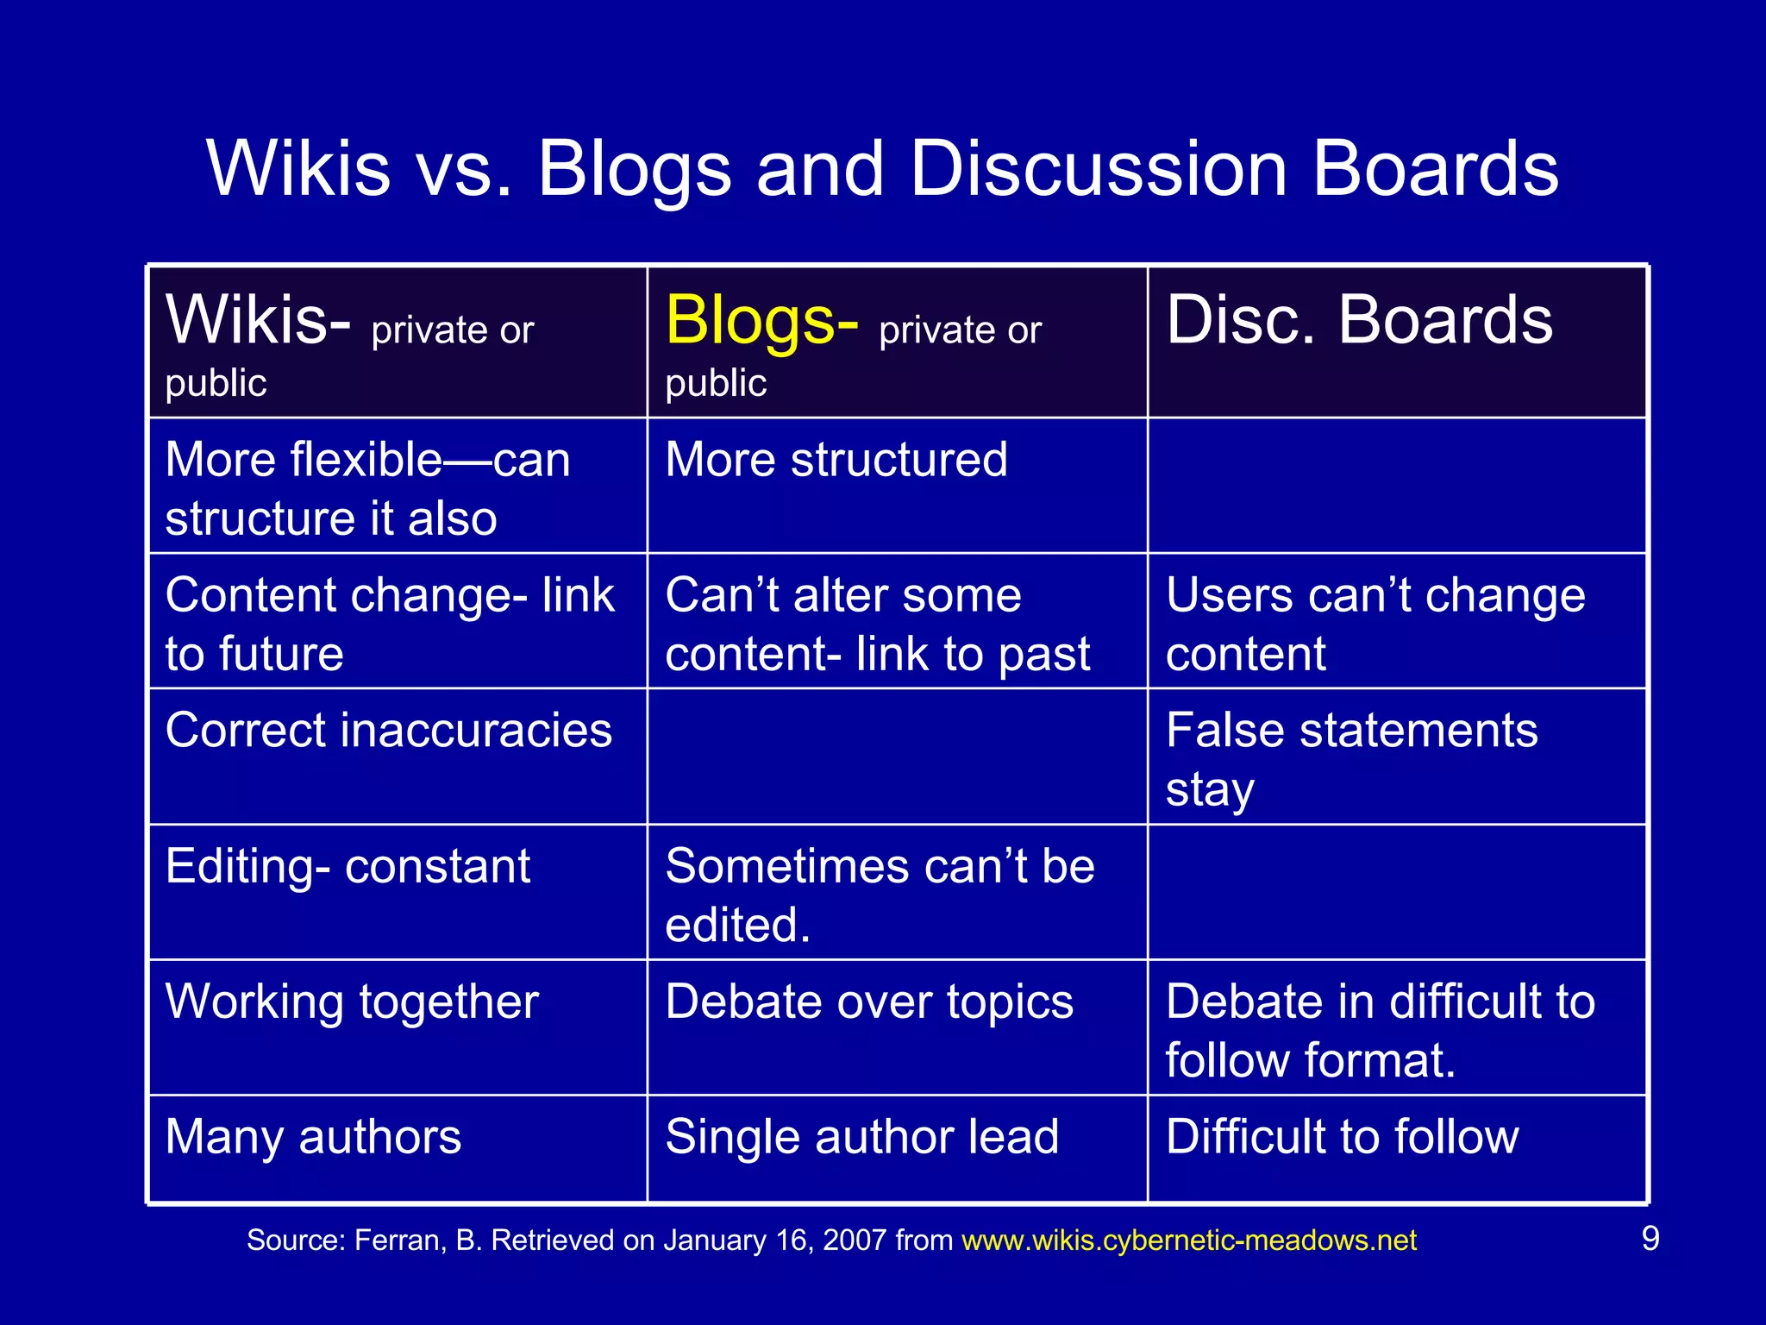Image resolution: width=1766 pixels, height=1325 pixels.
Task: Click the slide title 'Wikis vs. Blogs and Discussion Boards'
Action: tap(882, 168)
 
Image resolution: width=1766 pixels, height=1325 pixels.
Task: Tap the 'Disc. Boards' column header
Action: tap(1359, 321)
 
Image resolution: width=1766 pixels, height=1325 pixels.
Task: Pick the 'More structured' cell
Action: tap(836, 460)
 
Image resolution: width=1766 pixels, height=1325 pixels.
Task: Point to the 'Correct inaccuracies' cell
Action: tap(388, 731)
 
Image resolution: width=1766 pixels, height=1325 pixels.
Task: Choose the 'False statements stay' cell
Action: tap(1351, 758)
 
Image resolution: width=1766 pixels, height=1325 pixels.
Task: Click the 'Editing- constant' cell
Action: tap(348, 866)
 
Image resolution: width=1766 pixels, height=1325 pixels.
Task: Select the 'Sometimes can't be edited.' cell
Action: tap(880, 895)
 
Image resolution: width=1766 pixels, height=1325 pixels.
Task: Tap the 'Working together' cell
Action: tap(352, 1002)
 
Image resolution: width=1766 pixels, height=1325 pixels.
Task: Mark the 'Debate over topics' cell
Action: tap(869, 1002)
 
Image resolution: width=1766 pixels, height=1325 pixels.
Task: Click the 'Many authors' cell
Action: tap(313, 1137)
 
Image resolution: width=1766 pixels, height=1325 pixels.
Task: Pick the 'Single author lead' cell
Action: tap(861, 1137)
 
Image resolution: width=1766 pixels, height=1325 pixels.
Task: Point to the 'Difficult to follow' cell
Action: tap(1342, 1137)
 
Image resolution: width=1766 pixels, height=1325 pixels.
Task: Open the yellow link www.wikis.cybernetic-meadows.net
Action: tap(1189, 1240)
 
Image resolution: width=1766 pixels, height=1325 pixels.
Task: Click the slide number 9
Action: tap(1650, 1239)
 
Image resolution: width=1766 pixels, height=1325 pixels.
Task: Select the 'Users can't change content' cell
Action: tap(1375, 624)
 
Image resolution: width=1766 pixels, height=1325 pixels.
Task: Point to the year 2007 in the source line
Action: tap(855, 1240)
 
